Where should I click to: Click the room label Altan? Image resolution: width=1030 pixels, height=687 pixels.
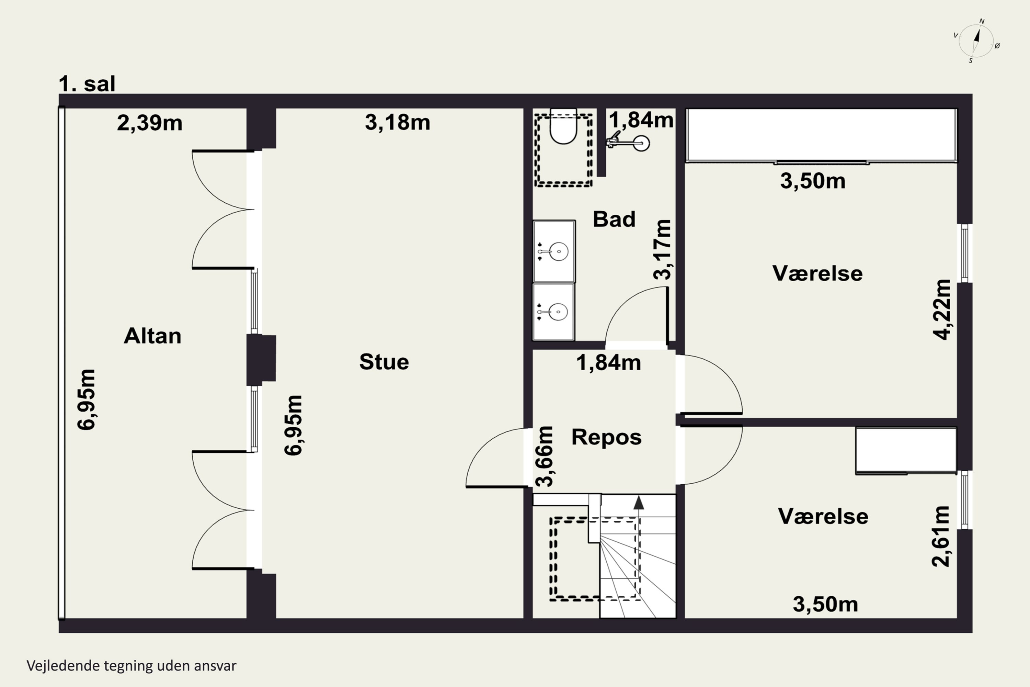[152, 336]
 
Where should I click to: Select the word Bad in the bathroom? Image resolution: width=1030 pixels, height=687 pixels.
[614, 219]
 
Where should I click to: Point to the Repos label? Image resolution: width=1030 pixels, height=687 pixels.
[607, 437]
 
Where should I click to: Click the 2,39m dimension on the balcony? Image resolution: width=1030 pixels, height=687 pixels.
[149, 123]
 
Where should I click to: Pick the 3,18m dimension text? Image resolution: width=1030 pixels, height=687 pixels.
[398, 122]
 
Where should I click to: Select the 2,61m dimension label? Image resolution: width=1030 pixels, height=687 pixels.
[941, 536]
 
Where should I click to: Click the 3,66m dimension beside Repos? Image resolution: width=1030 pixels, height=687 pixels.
[544, 457]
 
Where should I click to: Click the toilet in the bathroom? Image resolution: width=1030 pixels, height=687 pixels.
[564, 127]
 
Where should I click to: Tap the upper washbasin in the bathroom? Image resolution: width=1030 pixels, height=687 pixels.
[554, 251]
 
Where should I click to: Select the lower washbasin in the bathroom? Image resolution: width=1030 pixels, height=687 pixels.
[553, 312]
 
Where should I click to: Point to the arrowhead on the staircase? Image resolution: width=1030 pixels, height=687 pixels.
[639, 503]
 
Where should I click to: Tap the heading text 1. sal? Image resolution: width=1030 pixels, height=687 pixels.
[87, 84]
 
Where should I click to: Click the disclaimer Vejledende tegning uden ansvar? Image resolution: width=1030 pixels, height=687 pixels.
[131, 666]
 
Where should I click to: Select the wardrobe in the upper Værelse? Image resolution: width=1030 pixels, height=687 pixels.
[821, 135]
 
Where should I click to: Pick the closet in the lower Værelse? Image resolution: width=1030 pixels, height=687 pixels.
[906, 451]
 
